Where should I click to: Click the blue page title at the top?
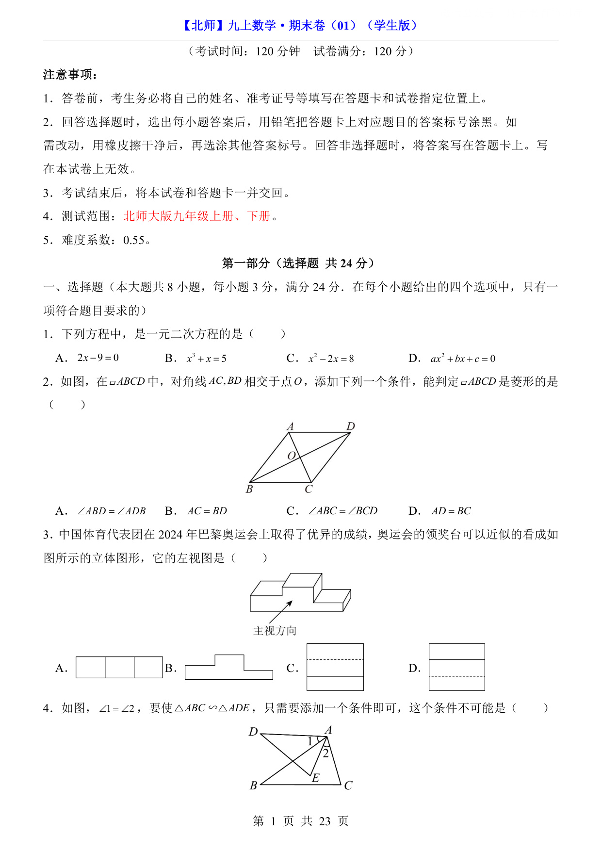tap(300, 25)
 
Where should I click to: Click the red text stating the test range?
tap(197, 216)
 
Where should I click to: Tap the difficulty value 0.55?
tap(134, 240)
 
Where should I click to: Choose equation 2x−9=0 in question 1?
tap(98, 358)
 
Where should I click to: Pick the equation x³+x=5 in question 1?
tap(207, 359)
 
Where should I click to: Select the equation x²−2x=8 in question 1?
tap(331, 359)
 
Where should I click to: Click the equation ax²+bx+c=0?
tap(463, 359)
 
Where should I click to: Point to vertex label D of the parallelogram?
tap(351, 426)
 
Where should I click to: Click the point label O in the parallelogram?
tap(292, 456)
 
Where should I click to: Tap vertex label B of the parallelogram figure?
tap(249, 489)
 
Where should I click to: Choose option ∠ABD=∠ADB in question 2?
tap(112, 511)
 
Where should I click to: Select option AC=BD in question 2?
tap(207, 511)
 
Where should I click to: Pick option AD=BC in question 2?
tap(451, 511)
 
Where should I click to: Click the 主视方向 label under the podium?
tap(275, 631)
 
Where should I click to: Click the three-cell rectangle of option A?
tap(119, 667)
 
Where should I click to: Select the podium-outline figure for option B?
tap(229, 668)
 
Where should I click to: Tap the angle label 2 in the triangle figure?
tap(326, 753)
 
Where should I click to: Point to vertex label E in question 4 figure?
tap(316, 778)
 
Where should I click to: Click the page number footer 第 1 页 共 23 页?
tap(301, 821)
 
